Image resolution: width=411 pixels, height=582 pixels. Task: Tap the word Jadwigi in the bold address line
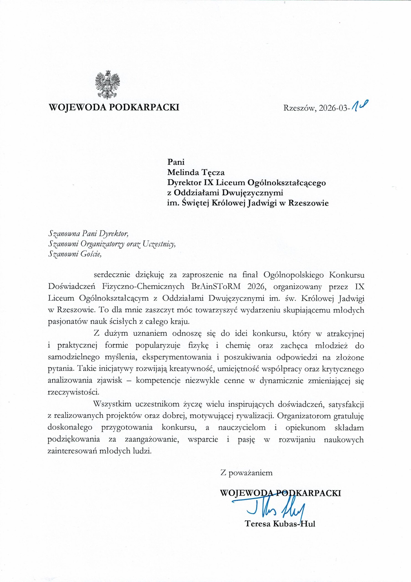(x=264, y=204)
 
